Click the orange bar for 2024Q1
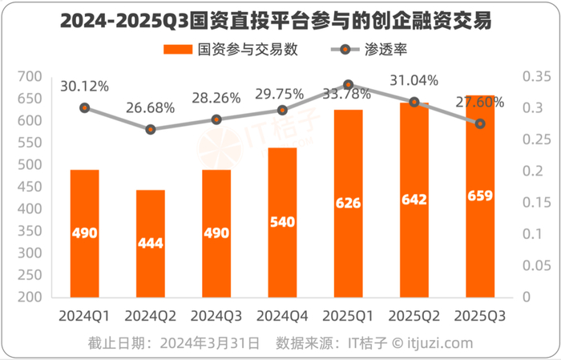pos(84,233)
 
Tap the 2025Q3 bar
pos(479,196)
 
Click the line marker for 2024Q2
pos(150,129)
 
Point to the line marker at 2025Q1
pos(348,84)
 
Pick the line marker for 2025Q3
pos(480,123)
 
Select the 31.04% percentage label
pos(414,81)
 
